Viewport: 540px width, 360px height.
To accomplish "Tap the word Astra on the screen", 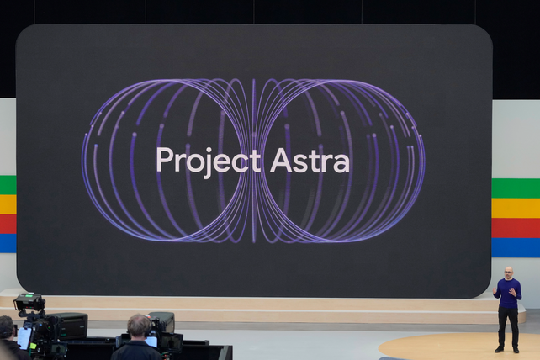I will point(310,160).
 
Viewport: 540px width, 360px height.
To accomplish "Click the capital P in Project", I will point(163,159).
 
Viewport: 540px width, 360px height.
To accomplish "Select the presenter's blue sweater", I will point(507,292).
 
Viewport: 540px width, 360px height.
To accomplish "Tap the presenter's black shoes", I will point(507,348).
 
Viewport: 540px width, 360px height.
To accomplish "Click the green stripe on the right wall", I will point(515,188).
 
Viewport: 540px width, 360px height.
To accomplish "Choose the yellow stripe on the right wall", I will point(515,208).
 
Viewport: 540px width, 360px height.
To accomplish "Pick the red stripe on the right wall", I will point(515,228).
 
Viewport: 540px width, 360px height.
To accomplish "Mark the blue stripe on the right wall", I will point(515,247).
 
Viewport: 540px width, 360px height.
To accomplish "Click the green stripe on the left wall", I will point(8,185).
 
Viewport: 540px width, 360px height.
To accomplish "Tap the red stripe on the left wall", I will point(8,224).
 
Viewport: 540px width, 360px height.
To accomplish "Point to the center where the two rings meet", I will point(253,161).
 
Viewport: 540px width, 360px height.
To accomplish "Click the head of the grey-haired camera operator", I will point(138,325).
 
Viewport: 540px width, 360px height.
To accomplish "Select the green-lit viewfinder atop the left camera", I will point(28,299).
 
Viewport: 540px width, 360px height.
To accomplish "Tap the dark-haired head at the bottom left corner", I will point(6,326).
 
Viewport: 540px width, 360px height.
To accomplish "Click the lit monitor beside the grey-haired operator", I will point(151,341).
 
